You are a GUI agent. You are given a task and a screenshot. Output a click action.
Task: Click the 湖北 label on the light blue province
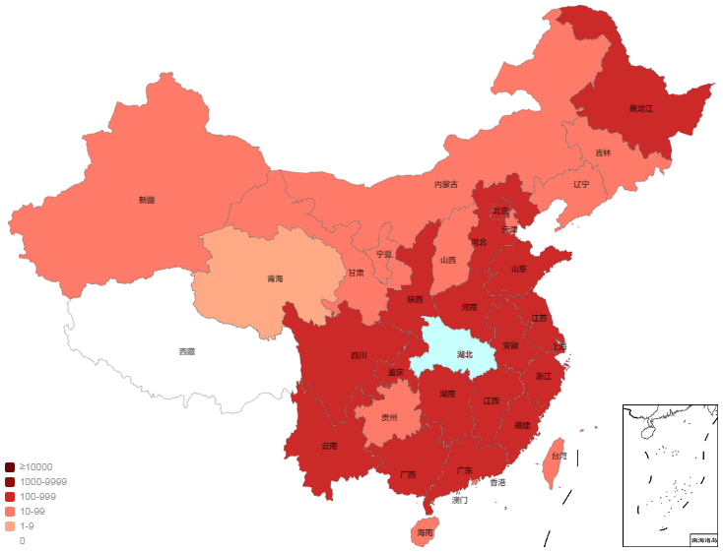pos(465,354)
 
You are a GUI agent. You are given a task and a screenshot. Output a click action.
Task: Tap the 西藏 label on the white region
pos(186,351)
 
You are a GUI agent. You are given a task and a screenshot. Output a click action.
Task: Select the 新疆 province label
pos(147,200)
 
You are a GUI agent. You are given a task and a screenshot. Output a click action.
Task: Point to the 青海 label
pos(275,279)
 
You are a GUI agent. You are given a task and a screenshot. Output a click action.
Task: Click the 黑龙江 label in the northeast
pos(640,108)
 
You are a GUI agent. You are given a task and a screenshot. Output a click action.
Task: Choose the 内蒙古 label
pos(446,184)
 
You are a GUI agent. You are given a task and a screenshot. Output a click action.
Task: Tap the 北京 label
pos(501,211)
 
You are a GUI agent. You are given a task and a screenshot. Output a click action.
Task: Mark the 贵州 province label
pos(390,417)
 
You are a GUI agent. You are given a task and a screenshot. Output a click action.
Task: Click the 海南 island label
pos(425,532)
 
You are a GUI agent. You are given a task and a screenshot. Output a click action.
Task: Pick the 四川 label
pos(359,356)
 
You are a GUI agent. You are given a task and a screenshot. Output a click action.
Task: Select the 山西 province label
pos(448,261)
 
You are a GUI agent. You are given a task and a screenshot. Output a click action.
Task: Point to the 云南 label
pos(329,446)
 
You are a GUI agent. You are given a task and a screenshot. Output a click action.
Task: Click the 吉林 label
pos(602,153)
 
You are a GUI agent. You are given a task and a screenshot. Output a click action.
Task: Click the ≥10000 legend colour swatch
pos(10,467)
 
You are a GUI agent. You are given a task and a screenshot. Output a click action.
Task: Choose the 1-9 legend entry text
pos(28,526)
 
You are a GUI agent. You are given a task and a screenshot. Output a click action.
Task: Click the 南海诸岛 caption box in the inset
pos(704,540)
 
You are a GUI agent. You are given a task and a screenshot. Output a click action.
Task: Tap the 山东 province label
pos(519,269)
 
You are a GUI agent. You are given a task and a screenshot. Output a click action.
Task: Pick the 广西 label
pos(408,474)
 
